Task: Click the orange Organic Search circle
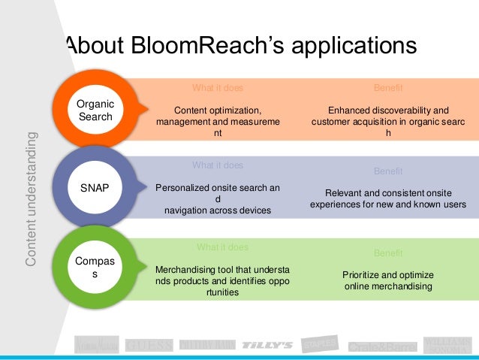(x=95, y=110)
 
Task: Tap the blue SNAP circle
(x=95, y=189)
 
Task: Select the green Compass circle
(x=95, y=268)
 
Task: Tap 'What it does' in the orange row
(x=218, y=88)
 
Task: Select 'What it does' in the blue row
(x=218, y=165)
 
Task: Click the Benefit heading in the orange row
(x=388, y=88)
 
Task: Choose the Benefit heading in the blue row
(x=388, y=171)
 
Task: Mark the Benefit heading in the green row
(x=388, y=253)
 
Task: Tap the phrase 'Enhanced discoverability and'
(x=388, y=110)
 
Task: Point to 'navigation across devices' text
(x=218, y=210)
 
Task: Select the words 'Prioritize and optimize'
(x=387, y=275)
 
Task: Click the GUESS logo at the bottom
(x=149, y=345)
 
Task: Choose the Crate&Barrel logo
(x=381, y=346)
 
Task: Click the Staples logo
(x=319, y=343)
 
